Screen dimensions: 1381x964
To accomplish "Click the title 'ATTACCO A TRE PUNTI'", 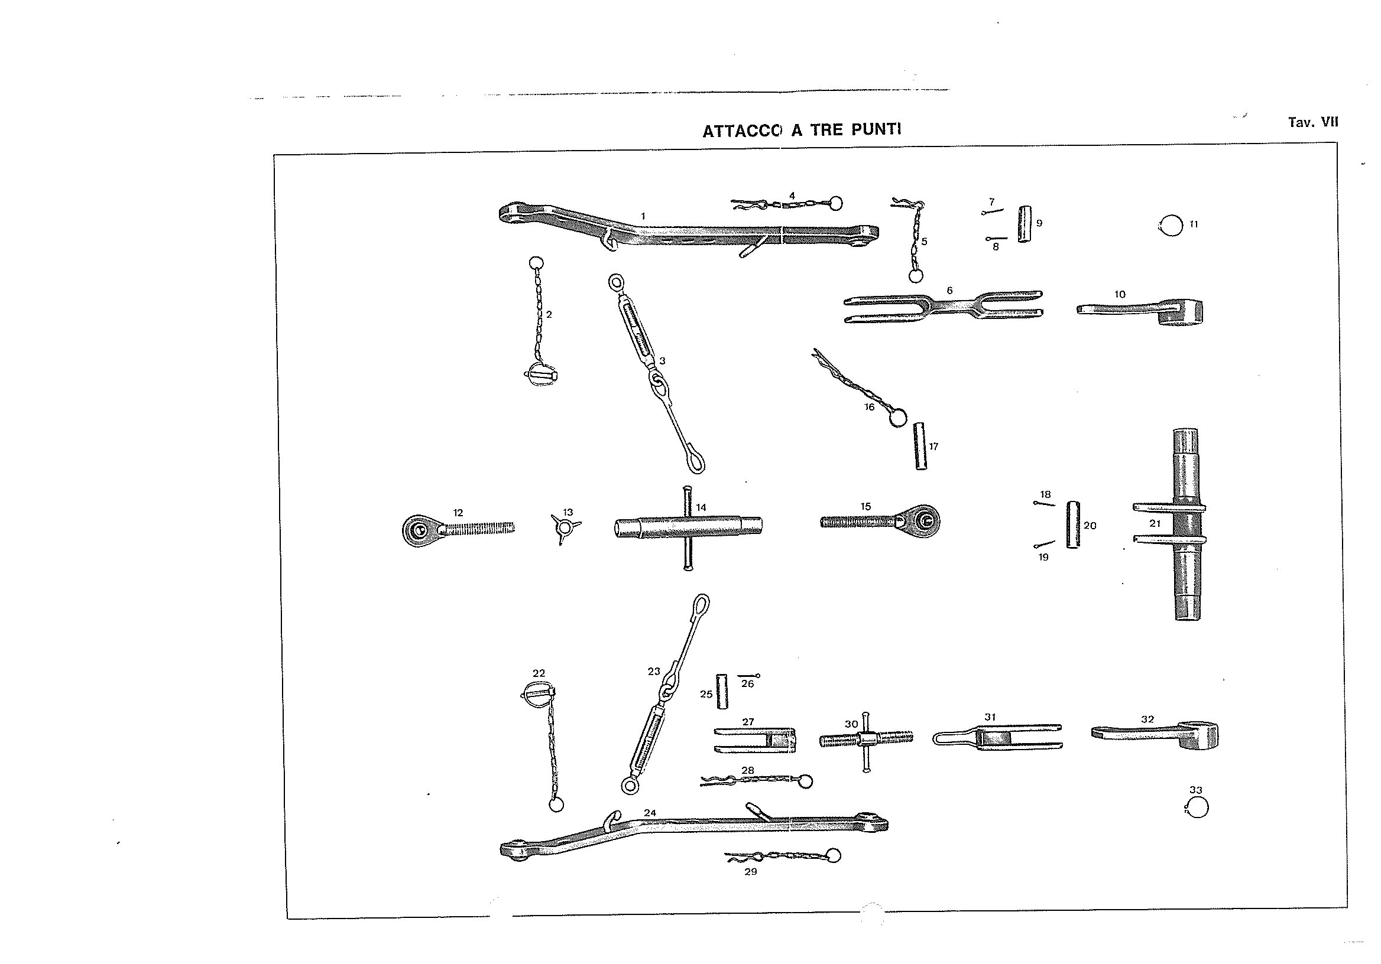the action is coord(802,130).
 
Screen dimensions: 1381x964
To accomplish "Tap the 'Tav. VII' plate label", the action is coord(1313,122).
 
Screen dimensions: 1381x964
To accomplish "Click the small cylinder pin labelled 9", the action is coord(1025,223).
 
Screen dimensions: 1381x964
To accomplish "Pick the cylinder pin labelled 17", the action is coord(920,446).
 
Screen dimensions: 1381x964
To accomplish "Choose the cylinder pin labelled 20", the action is coord(1073,525).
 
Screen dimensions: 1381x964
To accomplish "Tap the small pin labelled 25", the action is coord(722,691).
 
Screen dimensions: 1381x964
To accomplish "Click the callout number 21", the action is coord(1155,523).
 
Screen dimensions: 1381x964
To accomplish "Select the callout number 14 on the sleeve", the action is coord(701,507).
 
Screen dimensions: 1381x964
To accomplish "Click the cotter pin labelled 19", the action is coord(1045,545).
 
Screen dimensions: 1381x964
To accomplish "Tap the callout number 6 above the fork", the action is coord(950,290).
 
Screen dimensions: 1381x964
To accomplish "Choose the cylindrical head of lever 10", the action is coord(1181,312).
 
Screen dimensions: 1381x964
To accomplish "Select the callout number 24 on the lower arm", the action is coord(650,813).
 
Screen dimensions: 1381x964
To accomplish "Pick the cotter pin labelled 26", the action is coord(749,676).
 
